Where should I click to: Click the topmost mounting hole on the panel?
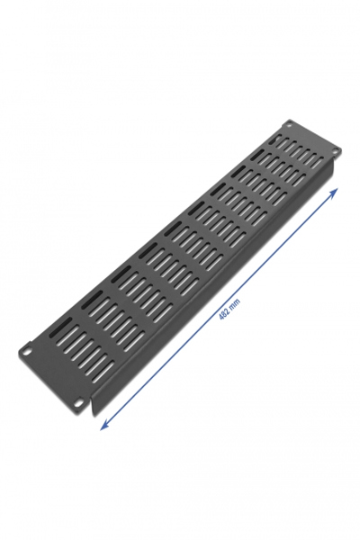coord(290,124)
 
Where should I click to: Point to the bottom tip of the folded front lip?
coord(96,415)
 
